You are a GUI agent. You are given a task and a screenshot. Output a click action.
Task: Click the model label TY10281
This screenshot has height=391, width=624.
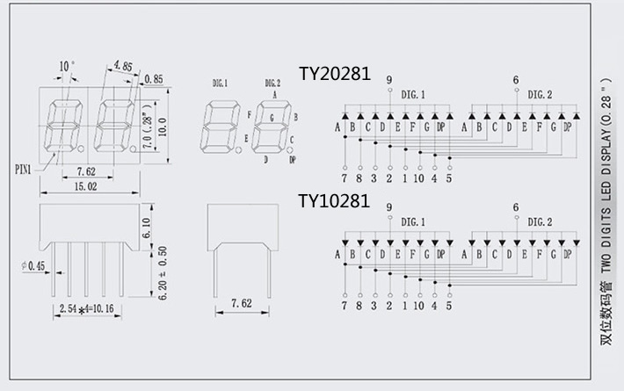334,201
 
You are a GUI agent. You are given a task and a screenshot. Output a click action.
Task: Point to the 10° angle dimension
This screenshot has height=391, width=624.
67,66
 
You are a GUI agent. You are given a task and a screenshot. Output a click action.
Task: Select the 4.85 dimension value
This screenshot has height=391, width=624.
122,65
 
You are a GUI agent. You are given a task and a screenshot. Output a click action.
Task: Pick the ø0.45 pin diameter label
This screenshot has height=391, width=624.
34,265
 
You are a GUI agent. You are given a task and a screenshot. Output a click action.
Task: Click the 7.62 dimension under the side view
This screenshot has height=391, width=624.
241,304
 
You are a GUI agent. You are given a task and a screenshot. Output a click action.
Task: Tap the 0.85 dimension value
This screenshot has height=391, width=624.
153,80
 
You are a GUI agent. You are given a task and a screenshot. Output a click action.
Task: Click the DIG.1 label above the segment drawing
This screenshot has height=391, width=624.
220,83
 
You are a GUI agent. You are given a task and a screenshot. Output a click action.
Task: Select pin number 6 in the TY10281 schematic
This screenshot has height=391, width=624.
516,207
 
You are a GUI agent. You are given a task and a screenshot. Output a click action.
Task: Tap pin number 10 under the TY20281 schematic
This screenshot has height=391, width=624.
417,178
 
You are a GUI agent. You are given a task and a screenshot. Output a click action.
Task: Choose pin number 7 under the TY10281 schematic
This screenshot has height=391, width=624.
344,306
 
